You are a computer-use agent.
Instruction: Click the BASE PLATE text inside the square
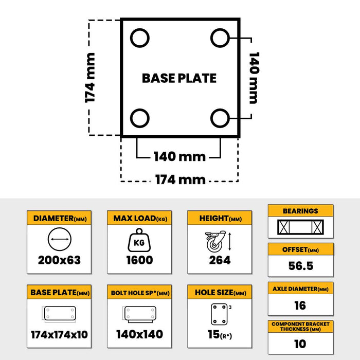tap(179, 78)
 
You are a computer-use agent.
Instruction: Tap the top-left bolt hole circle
tap(139, 38)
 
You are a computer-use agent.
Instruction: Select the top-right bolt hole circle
tap(220, 38)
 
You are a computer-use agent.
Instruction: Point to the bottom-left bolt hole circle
tap(139, 118)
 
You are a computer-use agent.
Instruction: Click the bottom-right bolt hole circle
tap(220, 118)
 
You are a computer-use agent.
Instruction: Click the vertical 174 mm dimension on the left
tap(91, 78)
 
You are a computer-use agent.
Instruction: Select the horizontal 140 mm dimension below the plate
tap(179, 156)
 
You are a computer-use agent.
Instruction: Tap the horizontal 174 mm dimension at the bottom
tap(179, 179)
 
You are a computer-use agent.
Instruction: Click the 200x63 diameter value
tap(59, 260)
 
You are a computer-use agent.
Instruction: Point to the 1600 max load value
tap(139, 260)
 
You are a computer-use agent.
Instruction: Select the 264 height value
tap(220, 260)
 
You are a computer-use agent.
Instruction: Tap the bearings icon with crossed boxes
tap(300, 227)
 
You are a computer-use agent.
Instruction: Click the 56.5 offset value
tap(300, 266)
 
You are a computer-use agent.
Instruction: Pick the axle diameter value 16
tap(300, 305)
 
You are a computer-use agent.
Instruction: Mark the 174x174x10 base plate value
tap(59, 335)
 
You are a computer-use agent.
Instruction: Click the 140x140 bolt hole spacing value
tap(139, 335)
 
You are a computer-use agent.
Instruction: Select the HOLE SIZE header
tap(220, 293)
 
